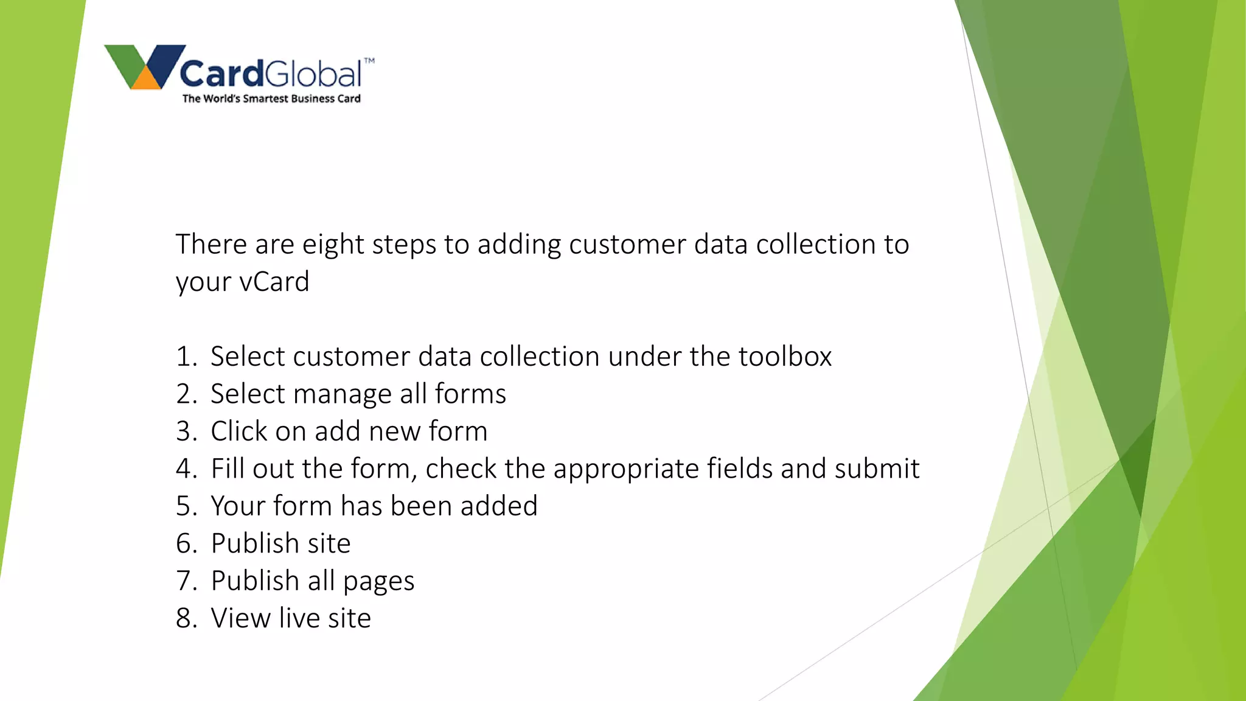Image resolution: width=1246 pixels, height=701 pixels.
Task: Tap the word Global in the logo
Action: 313,74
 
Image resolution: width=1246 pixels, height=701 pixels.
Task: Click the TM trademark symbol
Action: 369,60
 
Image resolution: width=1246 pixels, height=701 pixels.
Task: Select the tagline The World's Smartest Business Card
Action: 271,99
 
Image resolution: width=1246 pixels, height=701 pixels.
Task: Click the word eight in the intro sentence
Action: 333,245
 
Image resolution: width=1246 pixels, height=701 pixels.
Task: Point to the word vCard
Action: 274,282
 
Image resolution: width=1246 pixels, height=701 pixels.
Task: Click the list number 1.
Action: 185,357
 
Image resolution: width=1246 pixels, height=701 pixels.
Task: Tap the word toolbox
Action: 785,357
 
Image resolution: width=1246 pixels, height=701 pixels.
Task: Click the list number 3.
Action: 185,432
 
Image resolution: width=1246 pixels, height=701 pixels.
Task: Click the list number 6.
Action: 185,544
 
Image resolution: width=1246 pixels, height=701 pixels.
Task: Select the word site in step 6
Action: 329,544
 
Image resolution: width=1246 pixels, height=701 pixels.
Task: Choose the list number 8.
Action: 185,619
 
